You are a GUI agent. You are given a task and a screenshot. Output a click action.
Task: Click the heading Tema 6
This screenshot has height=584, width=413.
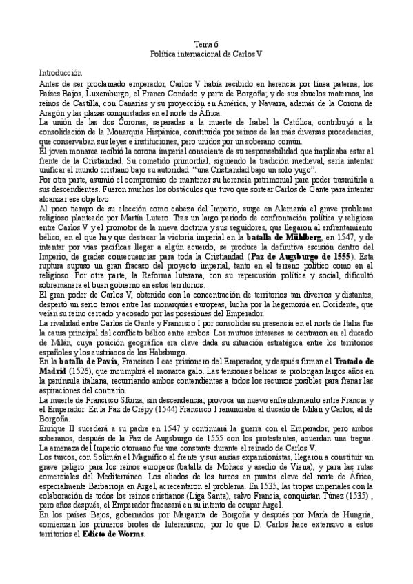[206, 44]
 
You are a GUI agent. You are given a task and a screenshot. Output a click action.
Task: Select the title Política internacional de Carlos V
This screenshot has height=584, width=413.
[206, 53]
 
